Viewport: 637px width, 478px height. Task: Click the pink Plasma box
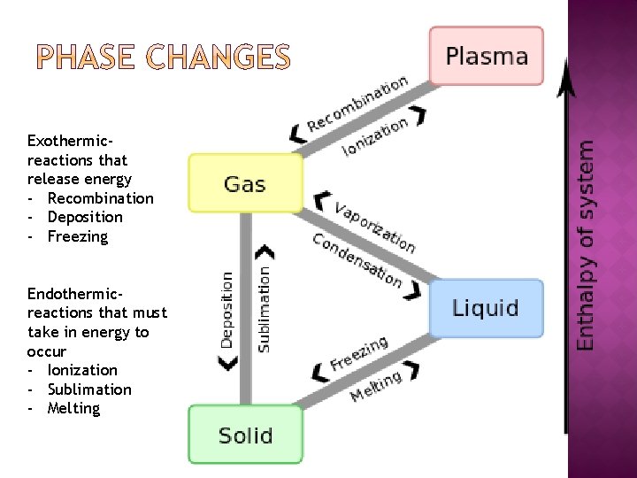point(486,56)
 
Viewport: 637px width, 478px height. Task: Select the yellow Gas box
point(245,183)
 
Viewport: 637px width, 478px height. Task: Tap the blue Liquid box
point(486,308)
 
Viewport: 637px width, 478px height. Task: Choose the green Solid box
point(245,435)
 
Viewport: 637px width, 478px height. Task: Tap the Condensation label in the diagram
point(357,259)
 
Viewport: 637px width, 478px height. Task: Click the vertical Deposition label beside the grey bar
point(226,309)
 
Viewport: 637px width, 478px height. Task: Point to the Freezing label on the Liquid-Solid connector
point(359,354)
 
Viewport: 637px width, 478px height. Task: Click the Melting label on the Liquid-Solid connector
point(376,386)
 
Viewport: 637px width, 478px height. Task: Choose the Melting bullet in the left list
point(73,408)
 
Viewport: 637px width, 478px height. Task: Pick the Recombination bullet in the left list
point(100,198)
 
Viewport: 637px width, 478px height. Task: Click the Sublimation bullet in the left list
point(88,389)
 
